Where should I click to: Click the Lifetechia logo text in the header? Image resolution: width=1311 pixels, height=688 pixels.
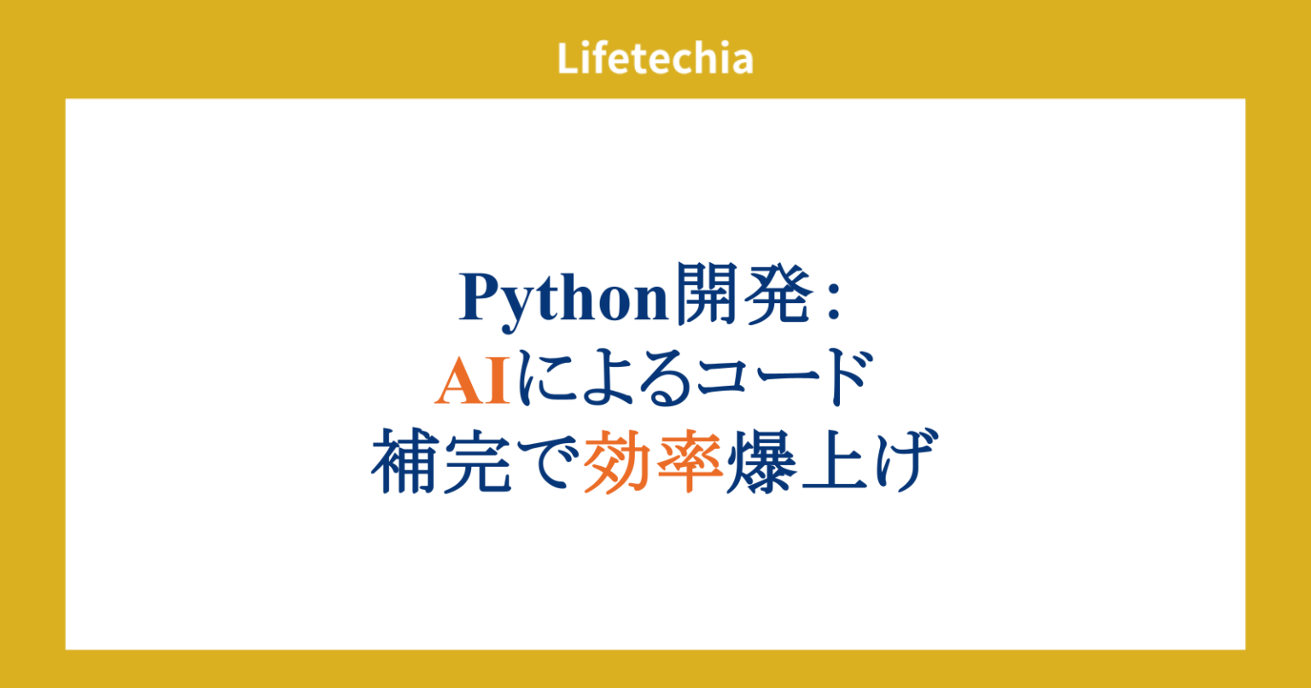click(x=655, y=59)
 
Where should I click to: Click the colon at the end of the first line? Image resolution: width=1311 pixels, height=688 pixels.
click(x=834, y=300)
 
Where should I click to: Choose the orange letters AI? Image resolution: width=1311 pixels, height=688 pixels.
click(x=472, y=382)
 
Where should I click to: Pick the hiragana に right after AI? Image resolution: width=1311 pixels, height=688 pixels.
click(x=545, y=382)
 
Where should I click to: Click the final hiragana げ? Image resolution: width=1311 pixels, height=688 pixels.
click(x=896, y=464)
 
